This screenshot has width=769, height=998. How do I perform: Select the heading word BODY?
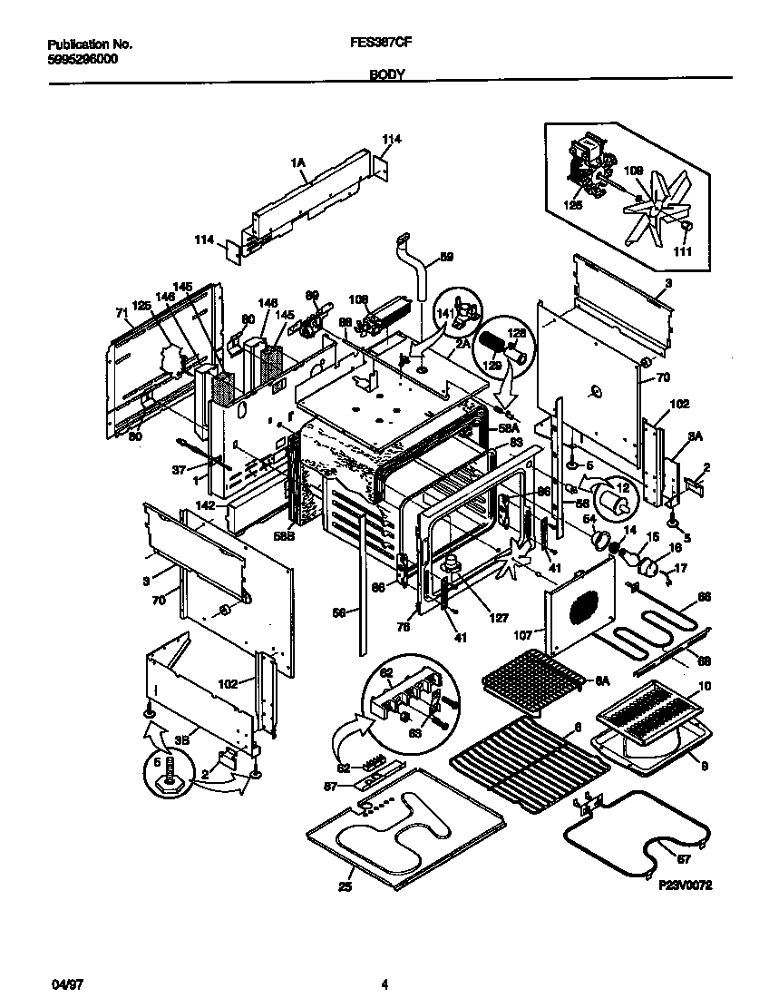coord(386,76)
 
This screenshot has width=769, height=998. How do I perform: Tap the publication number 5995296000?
coord(81,59)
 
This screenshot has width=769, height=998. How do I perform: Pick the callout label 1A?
coord(297,162)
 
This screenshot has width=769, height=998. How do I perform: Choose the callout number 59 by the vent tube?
coord(445,257)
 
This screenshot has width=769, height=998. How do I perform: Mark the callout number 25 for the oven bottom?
coord(345,886)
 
